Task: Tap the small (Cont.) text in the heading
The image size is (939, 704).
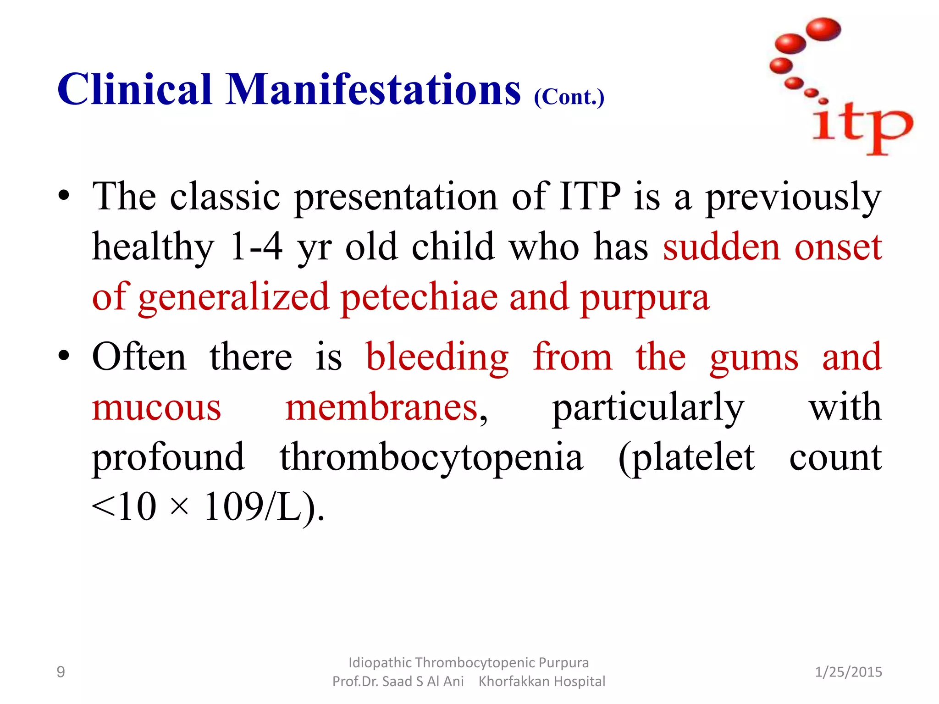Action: point(569,97)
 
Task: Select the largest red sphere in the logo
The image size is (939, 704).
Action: point(823,29)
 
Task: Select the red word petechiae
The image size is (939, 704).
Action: point(419,297)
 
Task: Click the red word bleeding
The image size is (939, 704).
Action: point(437,357)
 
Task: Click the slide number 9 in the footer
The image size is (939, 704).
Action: point(61,672)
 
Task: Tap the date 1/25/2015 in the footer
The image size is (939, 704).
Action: point(848,672)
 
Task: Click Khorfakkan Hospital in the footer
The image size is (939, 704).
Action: point(541,682)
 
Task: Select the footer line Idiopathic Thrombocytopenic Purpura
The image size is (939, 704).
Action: point(468,663)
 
